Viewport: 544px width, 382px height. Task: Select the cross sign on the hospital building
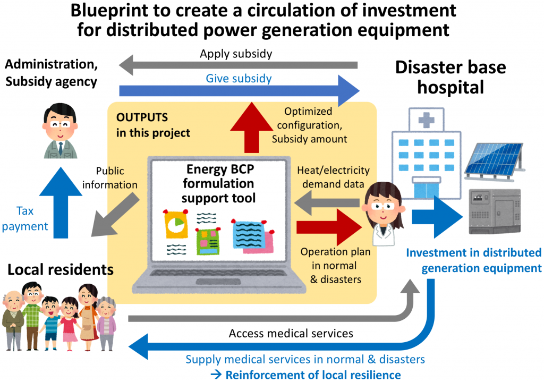[424, 121]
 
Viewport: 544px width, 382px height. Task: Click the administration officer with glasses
[60, 131]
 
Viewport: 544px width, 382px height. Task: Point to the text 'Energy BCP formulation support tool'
[218, 184]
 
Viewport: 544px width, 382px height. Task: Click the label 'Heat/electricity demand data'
[332, 177]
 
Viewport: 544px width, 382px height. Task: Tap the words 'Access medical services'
[291, 334]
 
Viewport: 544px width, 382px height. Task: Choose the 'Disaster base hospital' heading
[450, 77]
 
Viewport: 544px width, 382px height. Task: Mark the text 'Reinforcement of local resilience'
[313, 375]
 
